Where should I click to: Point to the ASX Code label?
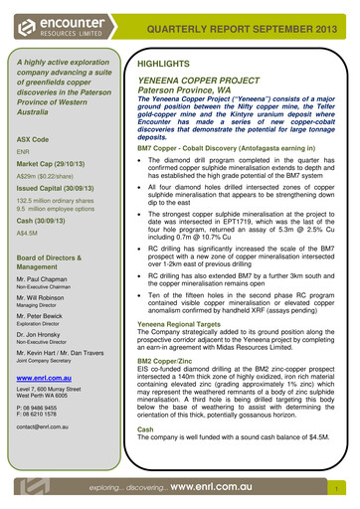35,138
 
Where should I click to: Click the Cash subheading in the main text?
145,428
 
